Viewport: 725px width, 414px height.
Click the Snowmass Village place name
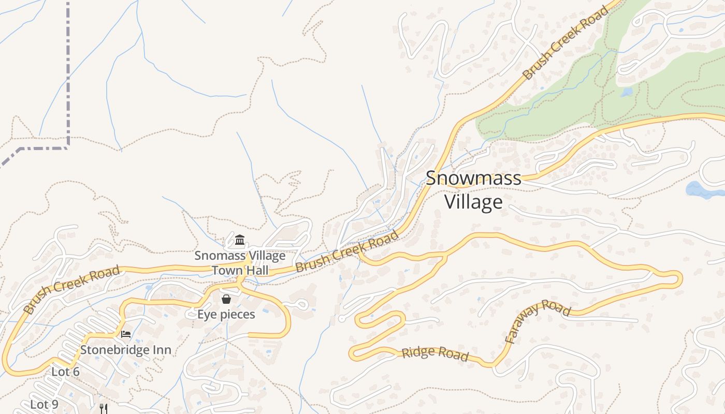pos(473,189)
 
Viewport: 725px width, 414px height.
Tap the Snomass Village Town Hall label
pos(240,262)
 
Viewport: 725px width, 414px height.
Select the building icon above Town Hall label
pos(240,240)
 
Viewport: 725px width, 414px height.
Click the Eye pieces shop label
pos(226,314)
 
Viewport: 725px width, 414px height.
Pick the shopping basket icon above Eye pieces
pos(226,299)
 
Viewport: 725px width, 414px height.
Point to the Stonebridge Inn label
pos(125,350)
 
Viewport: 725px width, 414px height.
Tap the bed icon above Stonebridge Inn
pos(126,334)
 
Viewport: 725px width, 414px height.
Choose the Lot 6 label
pos(65,372)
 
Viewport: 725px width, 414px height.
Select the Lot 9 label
pos(44,404)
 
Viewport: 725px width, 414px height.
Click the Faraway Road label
pos(538,321)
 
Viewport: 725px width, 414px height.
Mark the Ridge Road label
pos(435,354)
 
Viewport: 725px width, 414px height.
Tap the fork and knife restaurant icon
pos(104,409)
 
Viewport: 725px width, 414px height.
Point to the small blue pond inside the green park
pos(627,92)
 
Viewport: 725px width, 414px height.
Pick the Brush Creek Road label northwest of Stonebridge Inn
pos(71,290)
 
